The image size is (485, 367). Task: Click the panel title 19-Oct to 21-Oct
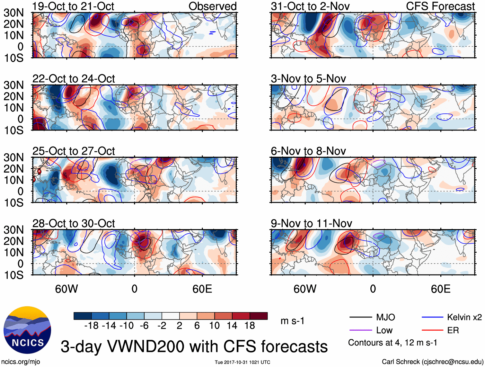pos(73,6)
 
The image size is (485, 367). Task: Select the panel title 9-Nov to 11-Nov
pos(311,223)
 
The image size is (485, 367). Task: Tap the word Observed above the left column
pos(212,6)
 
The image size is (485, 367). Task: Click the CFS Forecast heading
pos(440,6)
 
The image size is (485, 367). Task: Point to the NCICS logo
pos(27,330)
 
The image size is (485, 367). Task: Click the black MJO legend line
pos(361,318)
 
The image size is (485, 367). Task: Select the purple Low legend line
pos(361,330)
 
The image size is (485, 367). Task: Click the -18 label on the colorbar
pos(92,326)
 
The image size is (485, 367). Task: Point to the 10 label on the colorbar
pos(214,326)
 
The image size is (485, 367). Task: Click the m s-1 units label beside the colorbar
pos(292,321)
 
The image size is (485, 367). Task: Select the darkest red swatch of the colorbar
pos(259,316)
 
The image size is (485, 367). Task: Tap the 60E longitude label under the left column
pos(202,289)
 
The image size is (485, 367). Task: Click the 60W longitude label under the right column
pos(305,289)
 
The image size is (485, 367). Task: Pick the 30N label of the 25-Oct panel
pos(13,157)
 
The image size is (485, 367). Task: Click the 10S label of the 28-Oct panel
pos(13,275)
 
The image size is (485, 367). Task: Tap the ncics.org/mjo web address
pos(21,362)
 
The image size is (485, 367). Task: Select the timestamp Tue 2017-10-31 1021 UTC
pos(242,362)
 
